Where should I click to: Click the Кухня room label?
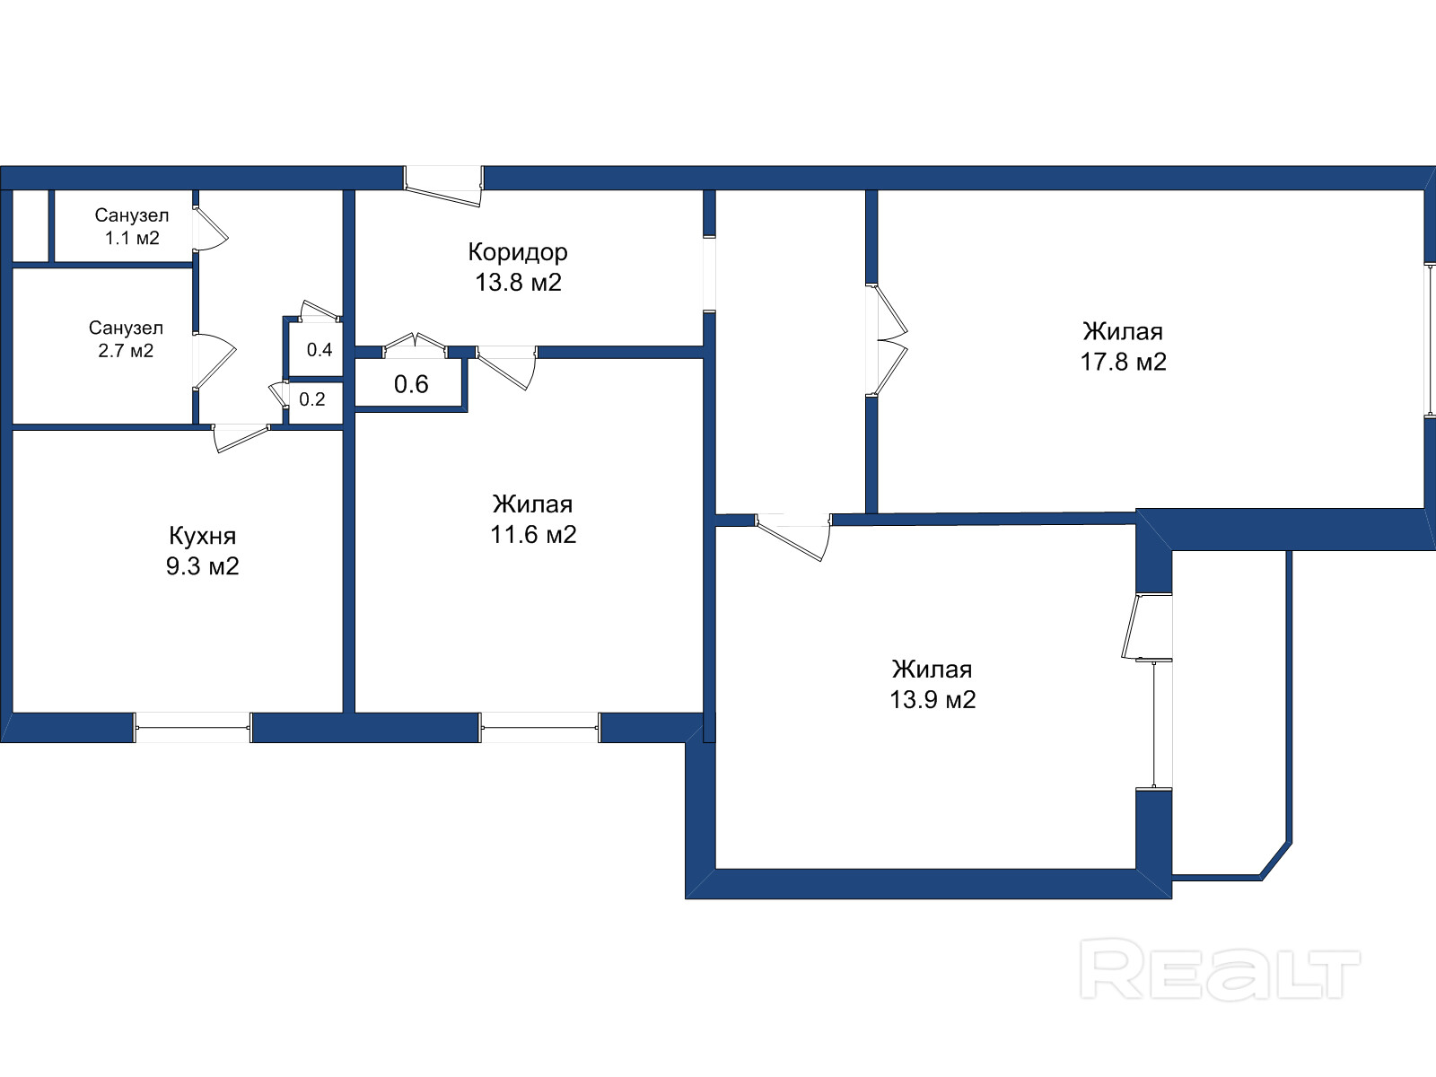202,536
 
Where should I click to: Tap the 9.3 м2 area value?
202,566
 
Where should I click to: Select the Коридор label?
518,252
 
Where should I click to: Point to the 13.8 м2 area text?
518,283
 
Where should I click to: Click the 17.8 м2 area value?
1123,362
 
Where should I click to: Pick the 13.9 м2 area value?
932,699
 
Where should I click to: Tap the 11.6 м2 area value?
533,535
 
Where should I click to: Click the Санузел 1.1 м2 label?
131,226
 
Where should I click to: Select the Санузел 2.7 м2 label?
126,339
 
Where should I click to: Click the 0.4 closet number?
320,350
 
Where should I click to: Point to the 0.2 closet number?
312,399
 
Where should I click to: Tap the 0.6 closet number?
411,384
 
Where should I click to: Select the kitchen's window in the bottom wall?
192,727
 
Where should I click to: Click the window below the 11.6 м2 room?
539,727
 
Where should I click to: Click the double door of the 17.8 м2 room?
889,339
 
